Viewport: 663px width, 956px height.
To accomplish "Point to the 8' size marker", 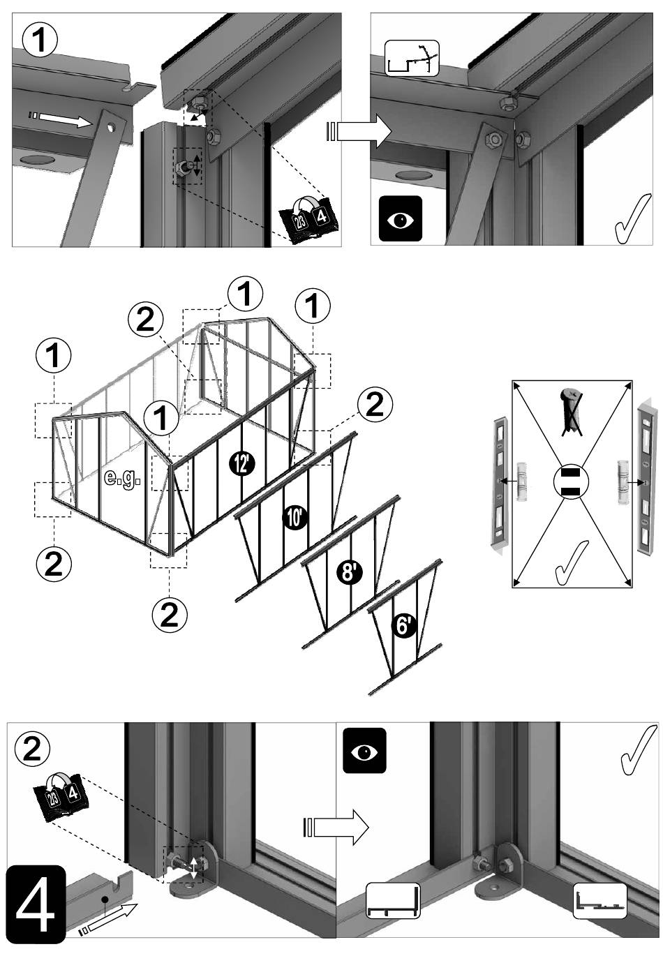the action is [x=348, y=573].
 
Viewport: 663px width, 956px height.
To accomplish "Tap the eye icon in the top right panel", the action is [x=400, y=219].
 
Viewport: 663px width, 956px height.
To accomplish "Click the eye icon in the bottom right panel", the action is [x=364, y=751].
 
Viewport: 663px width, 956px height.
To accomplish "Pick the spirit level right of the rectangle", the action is [x=646, y=481].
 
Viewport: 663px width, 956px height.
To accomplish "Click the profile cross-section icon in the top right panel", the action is [x=412, y=59].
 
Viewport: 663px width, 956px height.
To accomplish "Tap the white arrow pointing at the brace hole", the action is [x=62, y=118].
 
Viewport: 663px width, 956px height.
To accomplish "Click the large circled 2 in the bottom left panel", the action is [x=32, y=749].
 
